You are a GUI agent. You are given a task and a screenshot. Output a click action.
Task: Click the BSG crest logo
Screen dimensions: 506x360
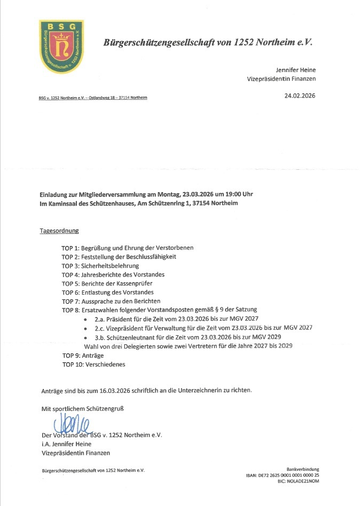pyautogui.click(x=61, y=47)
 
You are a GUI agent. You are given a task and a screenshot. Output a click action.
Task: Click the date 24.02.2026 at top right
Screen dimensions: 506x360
pyautogui.click(x=300, y=96)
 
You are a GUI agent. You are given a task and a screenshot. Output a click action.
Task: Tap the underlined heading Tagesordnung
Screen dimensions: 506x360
pyautogui.click(x=59, y=231)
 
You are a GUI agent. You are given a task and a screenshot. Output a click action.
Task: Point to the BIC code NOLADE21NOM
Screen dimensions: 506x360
pyautogui.click(x=303, y=481)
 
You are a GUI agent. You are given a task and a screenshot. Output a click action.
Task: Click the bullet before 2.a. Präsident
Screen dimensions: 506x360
pyautogui.click(x=87, y=319)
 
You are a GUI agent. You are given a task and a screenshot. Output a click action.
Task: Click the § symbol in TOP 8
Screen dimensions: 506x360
pyautogui.click(x=222, y=310)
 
